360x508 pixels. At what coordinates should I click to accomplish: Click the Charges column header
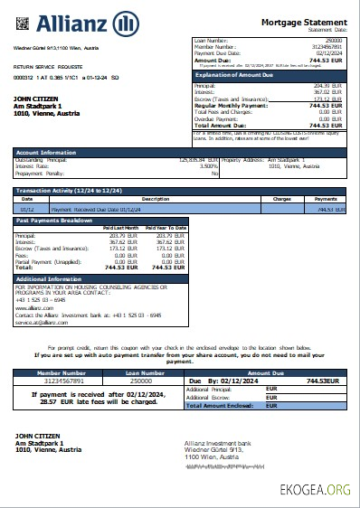(x=281, y=199)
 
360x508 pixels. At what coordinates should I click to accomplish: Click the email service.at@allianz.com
(x=43, y=322)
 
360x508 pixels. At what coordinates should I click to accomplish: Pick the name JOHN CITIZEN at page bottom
(x=37, y=436)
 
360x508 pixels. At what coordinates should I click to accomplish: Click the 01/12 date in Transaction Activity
(x=26, y=208)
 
